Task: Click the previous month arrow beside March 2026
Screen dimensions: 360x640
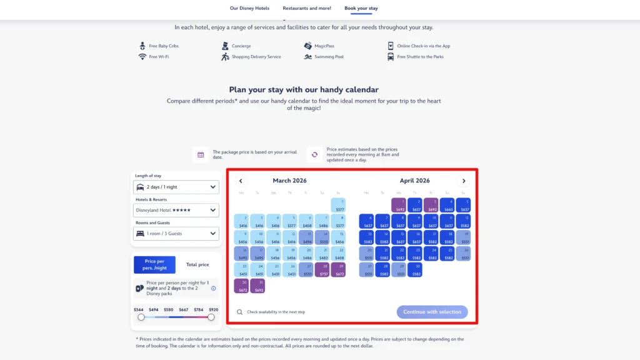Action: point(241,181)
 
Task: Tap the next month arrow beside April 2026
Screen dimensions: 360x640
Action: point(463,181)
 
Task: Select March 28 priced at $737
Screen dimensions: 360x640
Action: point(322,270)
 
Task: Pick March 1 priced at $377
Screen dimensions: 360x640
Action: point(338,206)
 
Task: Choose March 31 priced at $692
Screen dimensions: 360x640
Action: point(257,286)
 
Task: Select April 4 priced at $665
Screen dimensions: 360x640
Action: point(447,206)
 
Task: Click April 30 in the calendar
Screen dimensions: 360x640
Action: point(414,270)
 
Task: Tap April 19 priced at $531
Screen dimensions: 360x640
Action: point(463,237)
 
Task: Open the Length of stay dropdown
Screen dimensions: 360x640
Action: point(176,187)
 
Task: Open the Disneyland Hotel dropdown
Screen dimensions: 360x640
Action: point(176,210)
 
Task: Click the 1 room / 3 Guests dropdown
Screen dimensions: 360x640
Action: point(176,234)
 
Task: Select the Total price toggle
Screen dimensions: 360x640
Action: point(197,265)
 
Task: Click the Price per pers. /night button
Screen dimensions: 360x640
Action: point(155,265)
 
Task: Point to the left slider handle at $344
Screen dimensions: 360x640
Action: point(141,317)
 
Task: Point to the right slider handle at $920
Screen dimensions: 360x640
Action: point(211,317)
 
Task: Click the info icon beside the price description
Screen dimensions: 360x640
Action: point(213,288)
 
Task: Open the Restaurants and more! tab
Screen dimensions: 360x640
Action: point(307,9)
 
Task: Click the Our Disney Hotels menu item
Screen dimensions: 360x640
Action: point(249,9)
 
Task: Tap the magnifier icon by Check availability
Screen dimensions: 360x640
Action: point(240,312)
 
